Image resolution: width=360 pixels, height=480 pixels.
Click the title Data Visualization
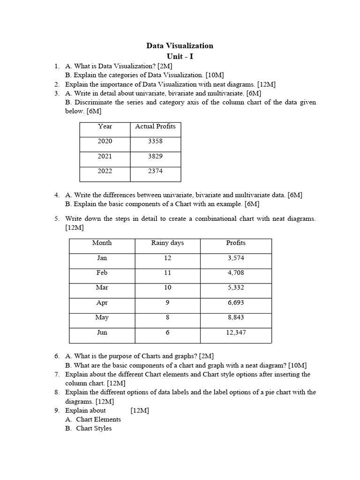[x=180, y=45]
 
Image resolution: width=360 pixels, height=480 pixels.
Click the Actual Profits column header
[x=155, y=126]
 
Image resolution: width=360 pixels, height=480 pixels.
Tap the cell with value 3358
[x=155, y=141]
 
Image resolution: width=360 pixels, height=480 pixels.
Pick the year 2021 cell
[x=105, y=156]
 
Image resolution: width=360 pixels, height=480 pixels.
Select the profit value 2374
[x=155, y=171]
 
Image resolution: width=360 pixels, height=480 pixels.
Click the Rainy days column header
[x=167, y=243]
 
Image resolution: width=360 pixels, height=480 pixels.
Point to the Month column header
[x=102, y=243]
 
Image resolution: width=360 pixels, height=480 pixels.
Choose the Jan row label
[x=102, y=258]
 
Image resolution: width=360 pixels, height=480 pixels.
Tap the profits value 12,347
[x=236, y=332]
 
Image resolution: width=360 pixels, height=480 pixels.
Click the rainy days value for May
[x=167, y=317]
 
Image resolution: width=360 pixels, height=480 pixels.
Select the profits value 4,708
[x=236, y=272]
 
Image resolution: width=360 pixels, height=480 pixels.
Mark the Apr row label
[x=102, y=302]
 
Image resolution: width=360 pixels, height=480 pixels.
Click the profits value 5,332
[x=236, y=287]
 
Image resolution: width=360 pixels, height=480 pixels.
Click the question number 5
[x=56, y=218]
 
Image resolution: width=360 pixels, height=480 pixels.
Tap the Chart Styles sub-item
[x=94, y=428]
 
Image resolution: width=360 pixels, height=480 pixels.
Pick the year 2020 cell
[x=105, y=141]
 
